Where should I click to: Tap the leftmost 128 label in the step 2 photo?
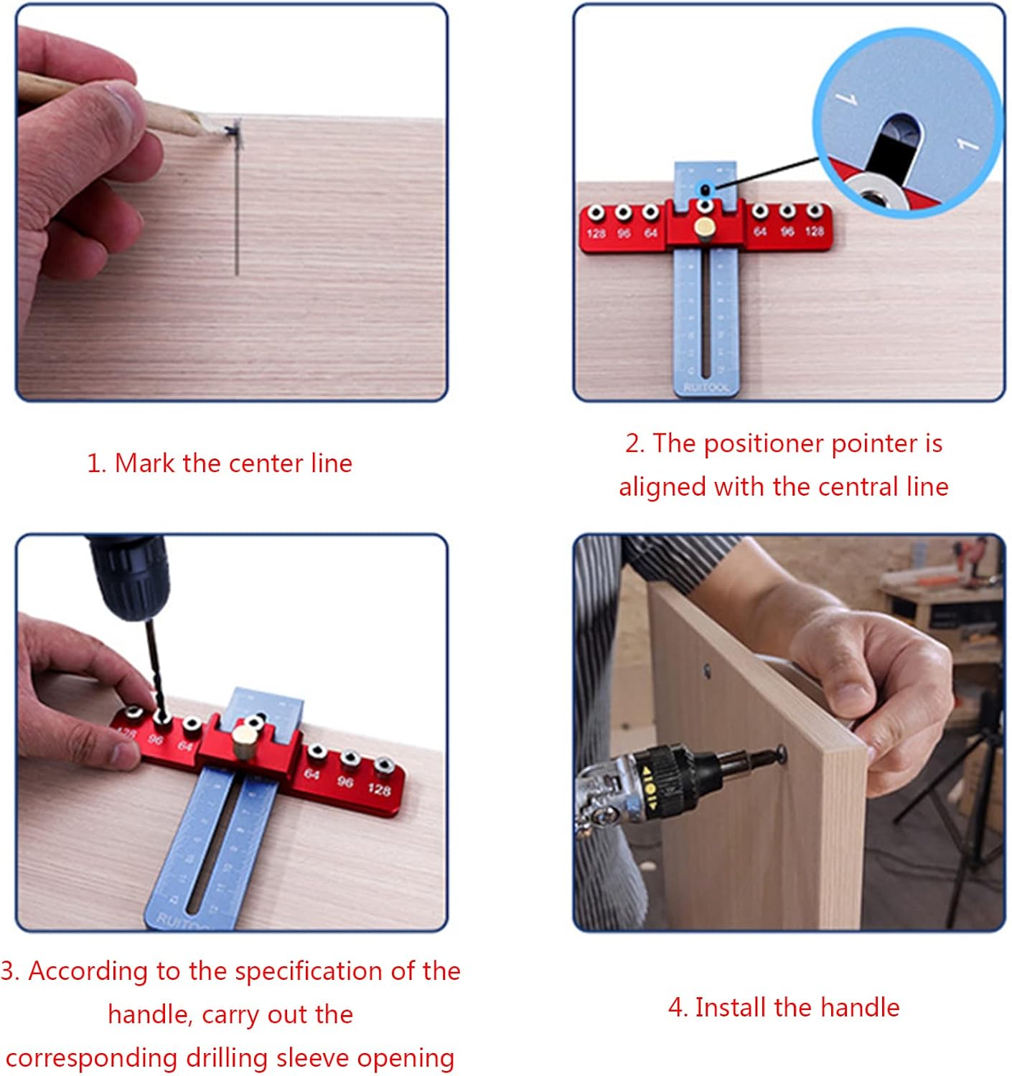(596, 233)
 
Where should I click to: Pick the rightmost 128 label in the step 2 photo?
(814, 231)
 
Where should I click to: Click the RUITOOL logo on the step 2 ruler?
(706, 387)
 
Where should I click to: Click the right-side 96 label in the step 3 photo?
(345, 781)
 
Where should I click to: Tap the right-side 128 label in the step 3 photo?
(379, 789)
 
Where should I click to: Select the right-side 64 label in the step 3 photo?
(312, 774)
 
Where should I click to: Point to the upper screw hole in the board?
(707, 670)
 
